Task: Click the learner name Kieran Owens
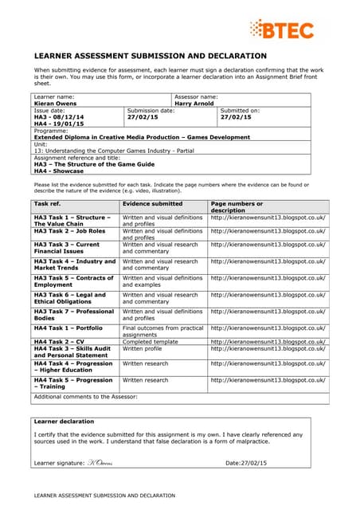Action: [x=51, y=103]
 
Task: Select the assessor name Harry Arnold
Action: [x=195, y=103]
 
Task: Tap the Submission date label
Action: [x=151, y=110]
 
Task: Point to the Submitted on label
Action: [x=240, y=110]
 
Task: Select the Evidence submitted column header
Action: [x=152, y=204]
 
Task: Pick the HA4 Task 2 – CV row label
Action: [x=61, y=342]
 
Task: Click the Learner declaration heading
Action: [x=65, y=421]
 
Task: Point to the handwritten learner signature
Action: [x=99, y=462]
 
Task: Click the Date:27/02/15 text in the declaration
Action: [x=246, y=462]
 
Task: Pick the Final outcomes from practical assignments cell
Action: [x=162, y=331]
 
